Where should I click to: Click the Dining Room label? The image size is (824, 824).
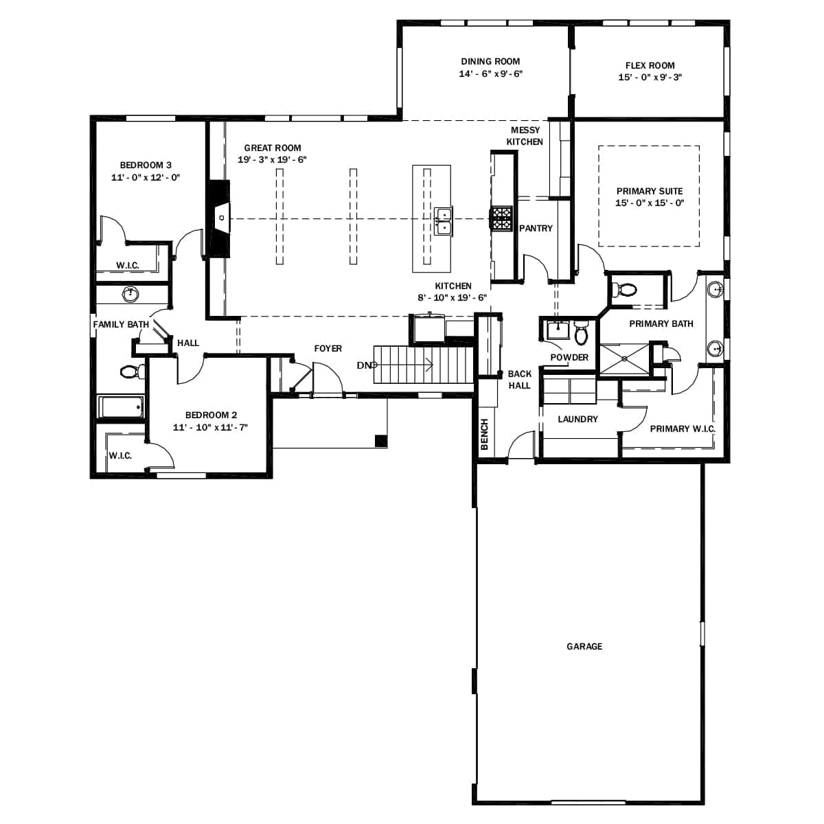tap(490, 61)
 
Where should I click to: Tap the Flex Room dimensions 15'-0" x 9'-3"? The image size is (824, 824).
tap(650, 78)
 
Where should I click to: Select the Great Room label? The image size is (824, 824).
tap(273, 148)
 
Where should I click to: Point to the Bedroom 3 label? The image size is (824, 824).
tap(146, 165)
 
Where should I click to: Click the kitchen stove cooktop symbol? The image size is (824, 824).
tap(501, 218)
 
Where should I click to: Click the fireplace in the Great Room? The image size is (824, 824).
tap(219, 218)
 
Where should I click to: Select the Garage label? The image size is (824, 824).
tap(584, 646)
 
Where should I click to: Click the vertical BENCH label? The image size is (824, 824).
tap(484, 435)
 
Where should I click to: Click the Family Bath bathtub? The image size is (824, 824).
tap(121, 407)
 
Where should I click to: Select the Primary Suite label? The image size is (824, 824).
tap(650, 191)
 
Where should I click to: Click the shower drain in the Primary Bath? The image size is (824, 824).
tap(624, 358)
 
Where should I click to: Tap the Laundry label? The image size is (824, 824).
tap(577, 419)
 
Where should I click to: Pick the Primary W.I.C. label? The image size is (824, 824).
tap(683, 428)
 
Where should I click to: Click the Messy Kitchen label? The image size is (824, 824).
tap(525, 136)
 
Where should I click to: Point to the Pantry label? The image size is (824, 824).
tap(536, 228)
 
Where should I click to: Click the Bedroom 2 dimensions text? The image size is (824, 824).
tap(210, 427)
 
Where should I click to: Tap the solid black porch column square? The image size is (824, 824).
tap(380, 441)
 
